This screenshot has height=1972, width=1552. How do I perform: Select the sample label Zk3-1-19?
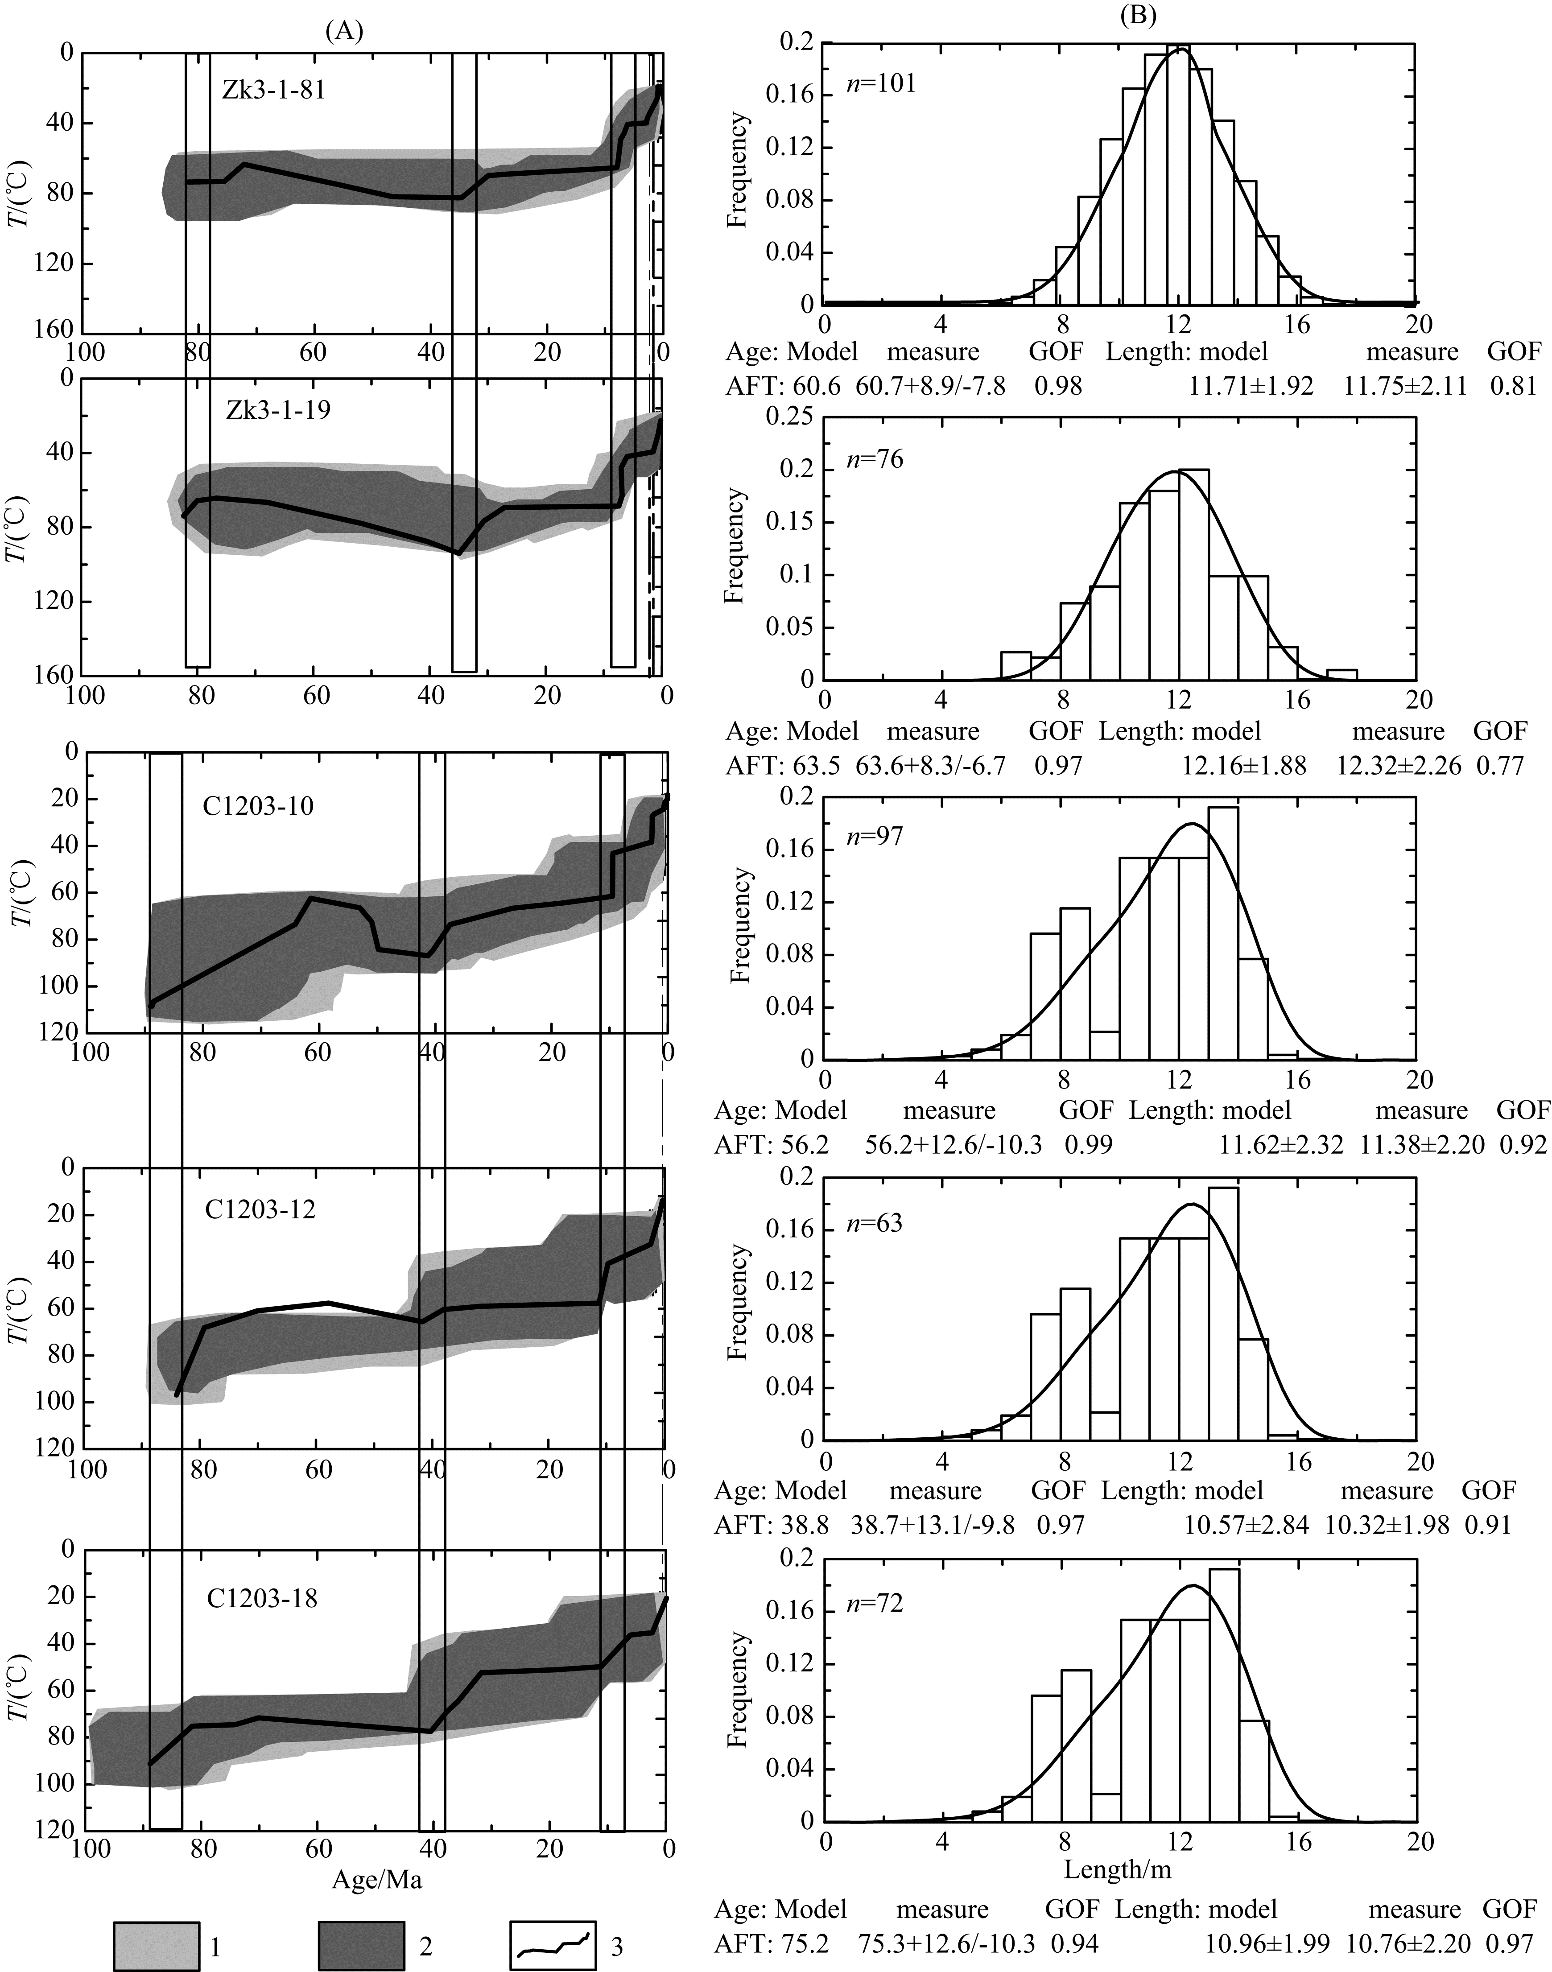(x=278, y=410)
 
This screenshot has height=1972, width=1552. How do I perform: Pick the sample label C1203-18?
(x=262, y=1597)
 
